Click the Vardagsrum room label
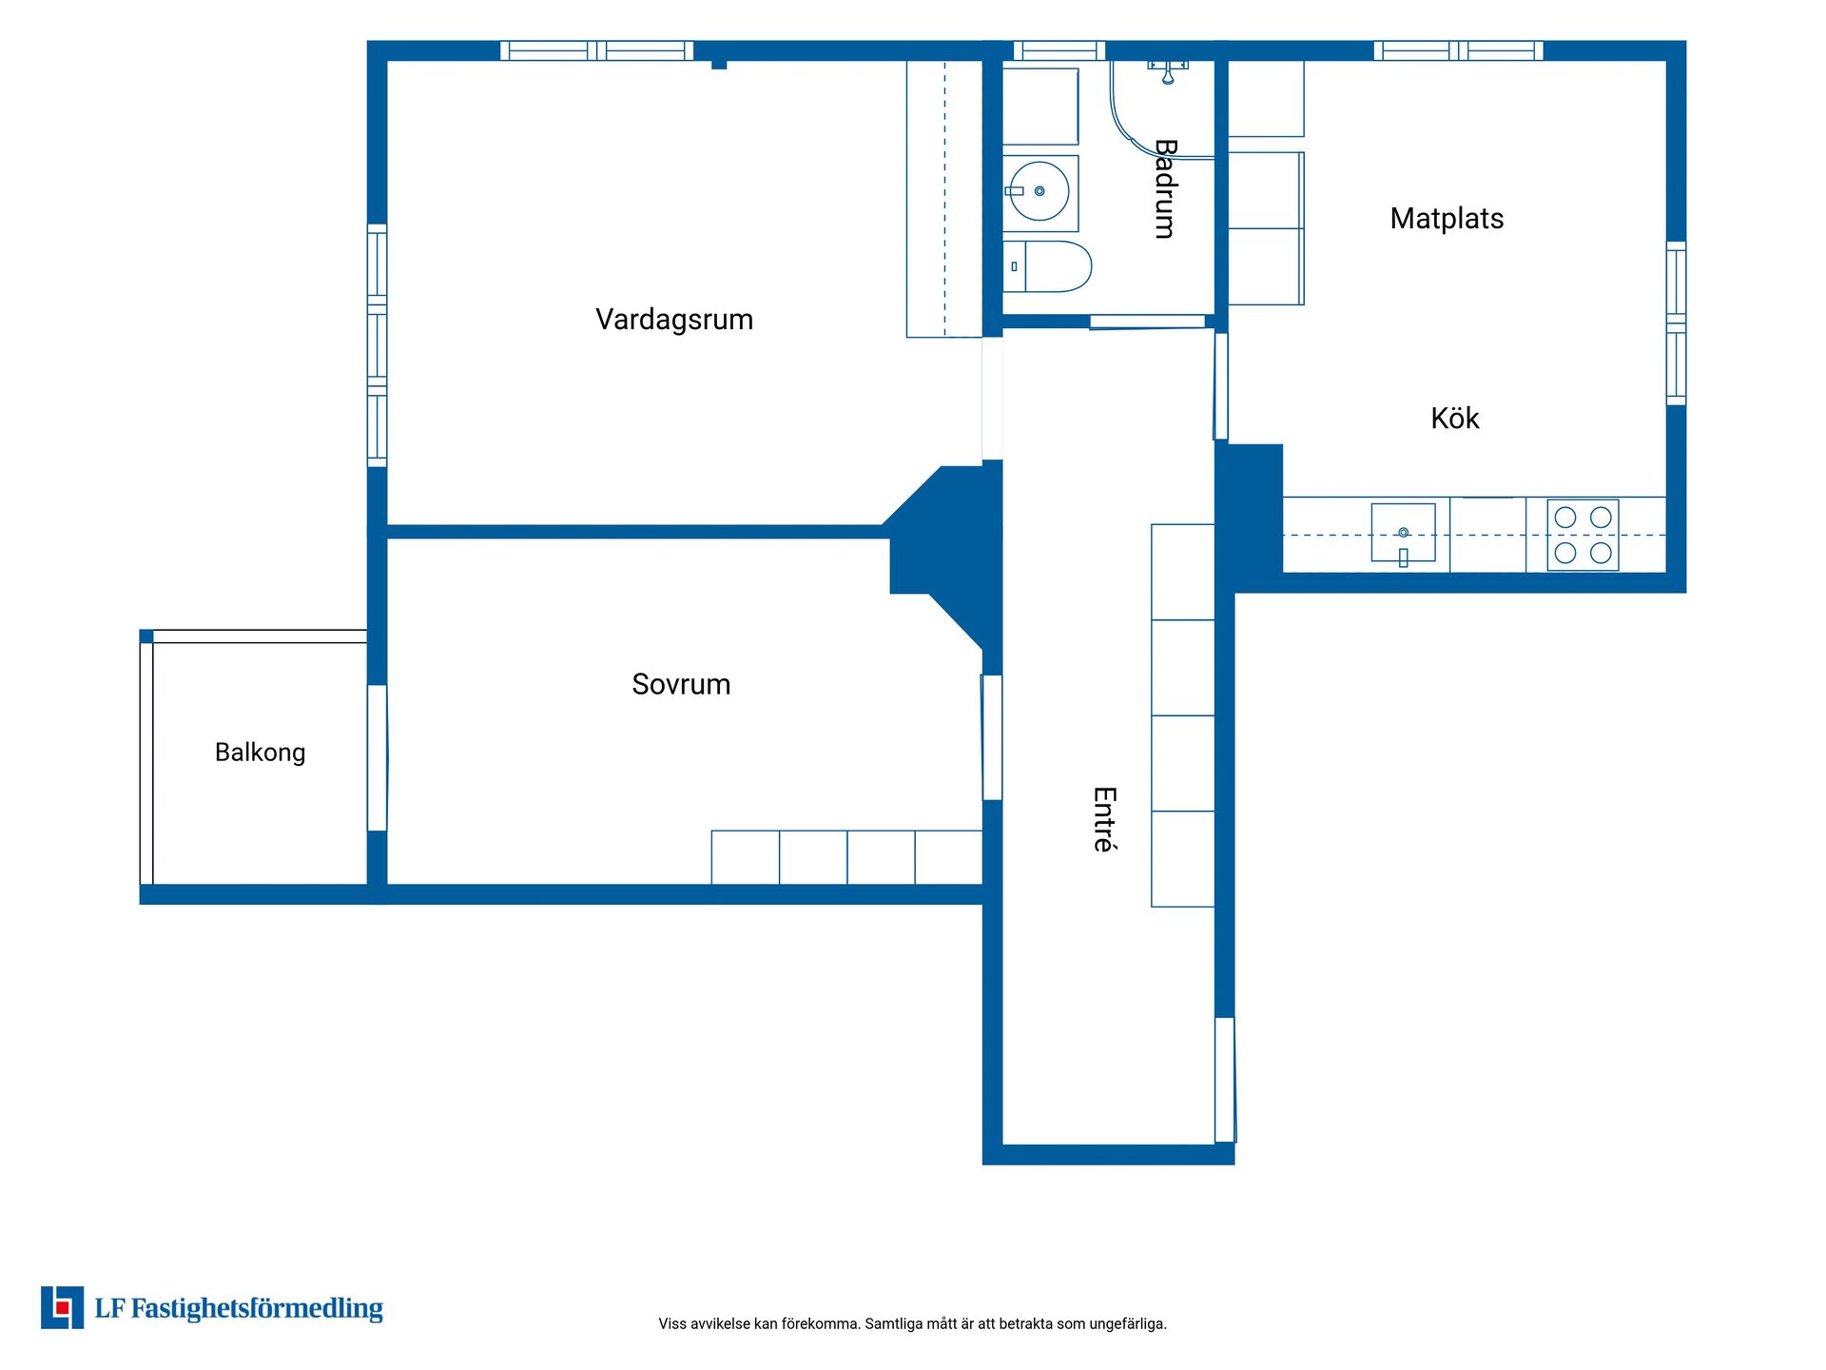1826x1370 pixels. pyautogui.click(x=674, y=320)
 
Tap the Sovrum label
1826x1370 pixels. pyautogui.click(x=681, y=684)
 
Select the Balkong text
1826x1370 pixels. pyautogui.click(x=260, y=753)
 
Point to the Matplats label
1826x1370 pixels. pyautogui.click(x=1447, y=219)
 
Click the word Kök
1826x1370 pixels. pyautogui.click(x=1455, y=418)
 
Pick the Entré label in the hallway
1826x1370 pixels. pyautogui.click(x=1104, y=819)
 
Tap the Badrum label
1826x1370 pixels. pyautogui.click(x=1165, y=188)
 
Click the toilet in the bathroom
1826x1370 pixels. pyautogui.click(x=1047, y=266)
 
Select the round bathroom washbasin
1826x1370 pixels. pyautogui.click(x=1039, y=191)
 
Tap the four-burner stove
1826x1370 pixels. pyautogui.click(x=1583, y=535)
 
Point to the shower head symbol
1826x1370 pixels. pyautogui.click(x=1168, y=72)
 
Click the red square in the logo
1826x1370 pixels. pyautogui.click(x=63, y=1308)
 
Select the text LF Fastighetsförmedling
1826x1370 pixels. pyautogui.click(x=239, y=1308)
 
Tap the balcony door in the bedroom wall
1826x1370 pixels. pyautogui.click(x=378, y=758)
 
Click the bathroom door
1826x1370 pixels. pyautogui.click(x=1147, y=323)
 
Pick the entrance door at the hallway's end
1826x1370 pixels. pyautogui.click(x=1226, y=1080)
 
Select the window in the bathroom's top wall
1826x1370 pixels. pyautogui.click(x=1059, y=50)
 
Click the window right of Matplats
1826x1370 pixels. pyautogui.click(x=1676, y=323)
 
